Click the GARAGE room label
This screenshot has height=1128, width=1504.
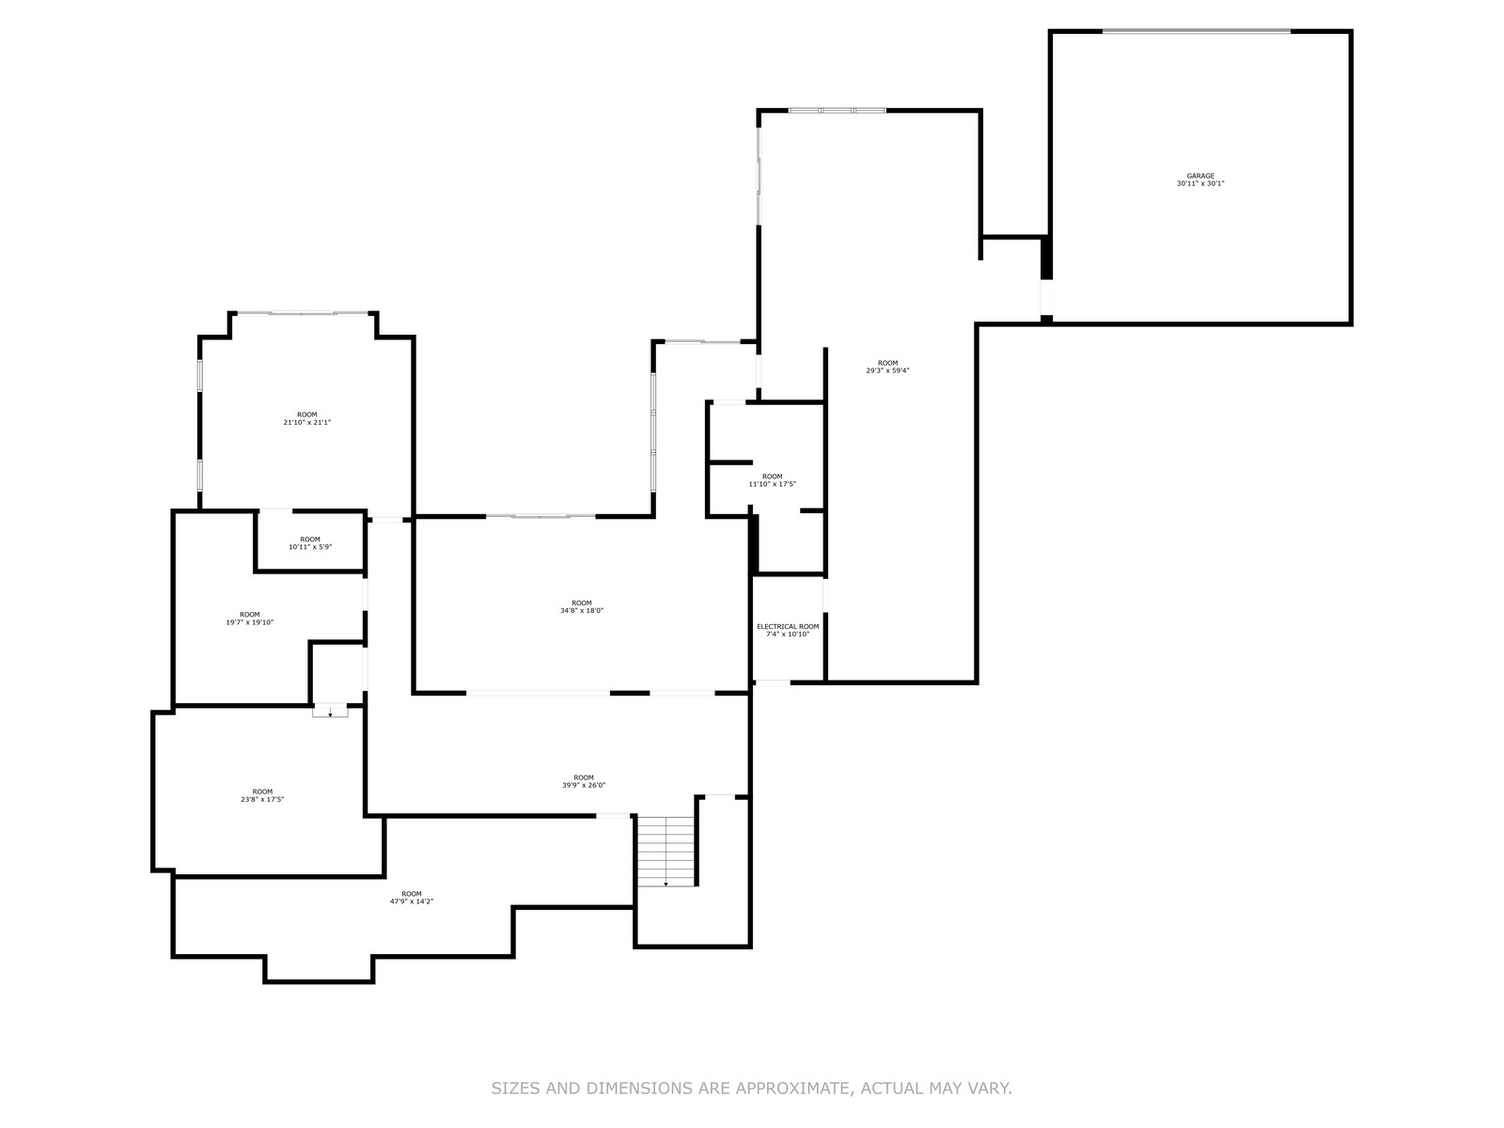[x=1199, y=176]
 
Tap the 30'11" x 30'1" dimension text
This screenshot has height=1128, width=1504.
[x=1199, y=183]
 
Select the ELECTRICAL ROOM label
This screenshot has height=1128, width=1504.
[x=788, y=627]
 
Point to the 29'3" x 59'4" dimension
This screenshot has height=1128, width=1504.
[x=887, y=370]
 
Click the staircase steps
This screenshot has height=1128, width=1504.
[x=666, y=852]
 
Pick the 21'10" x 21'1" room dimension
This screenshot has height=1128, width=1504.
[x=307, y=423]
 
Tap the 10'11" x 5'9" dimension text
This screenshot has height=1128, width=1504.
[x=309, y=547]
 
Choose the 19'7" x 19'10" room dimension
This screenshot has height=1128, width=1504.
[x=249, y=622]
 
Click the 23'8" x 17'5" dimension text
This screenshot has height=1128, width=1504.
[x=261, y=799]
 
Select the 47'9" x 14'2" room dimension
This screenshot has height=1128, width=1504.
[x=411, y=901]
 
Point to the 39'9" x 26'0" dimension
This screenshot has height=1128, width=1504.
[x=583, y=786]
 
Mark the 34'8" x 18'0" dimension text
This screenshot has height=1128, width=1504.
[x=581, y=611]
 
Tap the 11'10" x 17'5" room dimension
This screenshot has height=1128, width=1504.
[x=772, y=484]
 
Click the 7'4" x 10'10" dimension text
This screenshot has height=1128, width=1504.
[x=788, y=634]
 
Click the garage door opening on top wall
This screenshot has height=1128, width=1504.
[x=1196, y=31]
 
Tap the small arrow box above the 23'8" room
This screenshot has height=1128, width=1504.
[x=330, y=712]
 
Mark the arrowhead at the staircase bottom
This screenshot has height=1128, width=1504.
[x=666, y=885]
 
